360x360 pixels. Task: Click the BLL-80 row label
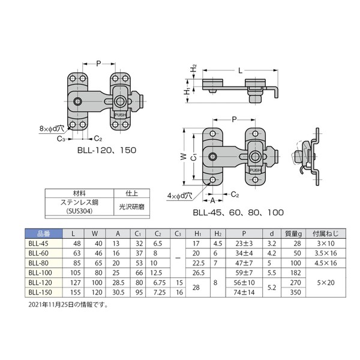(x=38, y=263)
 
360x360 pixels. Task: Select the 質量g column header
(x=293, y=234)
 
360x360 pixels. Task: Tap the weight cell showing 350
(x=295, y=292)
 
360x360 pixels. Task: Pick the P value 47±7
(x=244, y=263)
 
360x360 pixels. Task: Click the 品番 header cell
(x=44, y=234)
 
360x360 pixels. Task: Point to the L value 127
(x=76, y=283)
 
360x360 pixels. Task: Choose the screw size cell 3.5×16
(x=326, y=253)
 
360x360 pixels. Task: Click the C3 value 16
(x=179, y=292)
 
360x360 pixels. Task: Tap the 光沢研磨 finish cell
(x=131, y=207)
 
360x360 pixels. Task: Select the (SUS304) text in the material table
(x=79, y=211)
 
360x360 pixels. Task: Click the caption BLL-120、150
(x=107, y=150)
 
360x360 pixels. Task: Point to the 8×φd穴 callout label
(x=52, y=128)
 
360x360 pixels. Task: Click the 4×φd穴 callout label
(x=179, y=196)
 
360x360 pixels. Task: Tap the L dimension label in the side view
(x=240, y=70)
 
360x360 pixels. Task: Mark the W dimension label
(x=184, y=157)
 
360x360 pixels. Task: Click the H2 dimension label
(x=194, y=68)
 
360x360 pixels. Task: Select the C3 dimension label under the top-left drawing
(x=61, y=139)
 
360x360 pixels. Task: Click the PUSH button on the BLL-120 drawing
(x=120, y=115)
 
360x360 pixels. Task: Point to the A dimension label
(x=212, y=200)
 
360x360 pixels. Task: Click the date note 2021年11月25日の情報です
(x=68, y=305)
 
